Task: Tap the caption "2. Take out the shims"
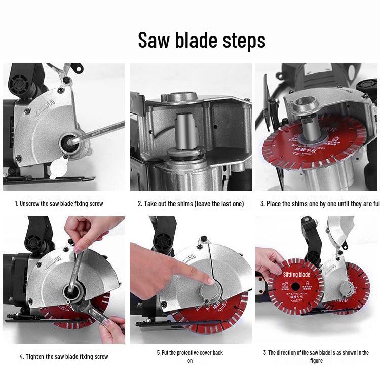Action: pos(191,204)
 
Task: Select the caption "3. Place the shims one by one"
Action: pos(320,204)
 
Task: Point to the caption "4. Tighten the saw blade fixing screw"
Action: pos(64,357)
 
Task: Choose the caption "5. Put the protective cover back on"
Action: pos(190,356)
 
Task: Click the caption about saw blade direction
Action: pos(316,356)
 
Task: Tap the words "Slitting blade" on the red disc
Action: pos(296,275)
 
